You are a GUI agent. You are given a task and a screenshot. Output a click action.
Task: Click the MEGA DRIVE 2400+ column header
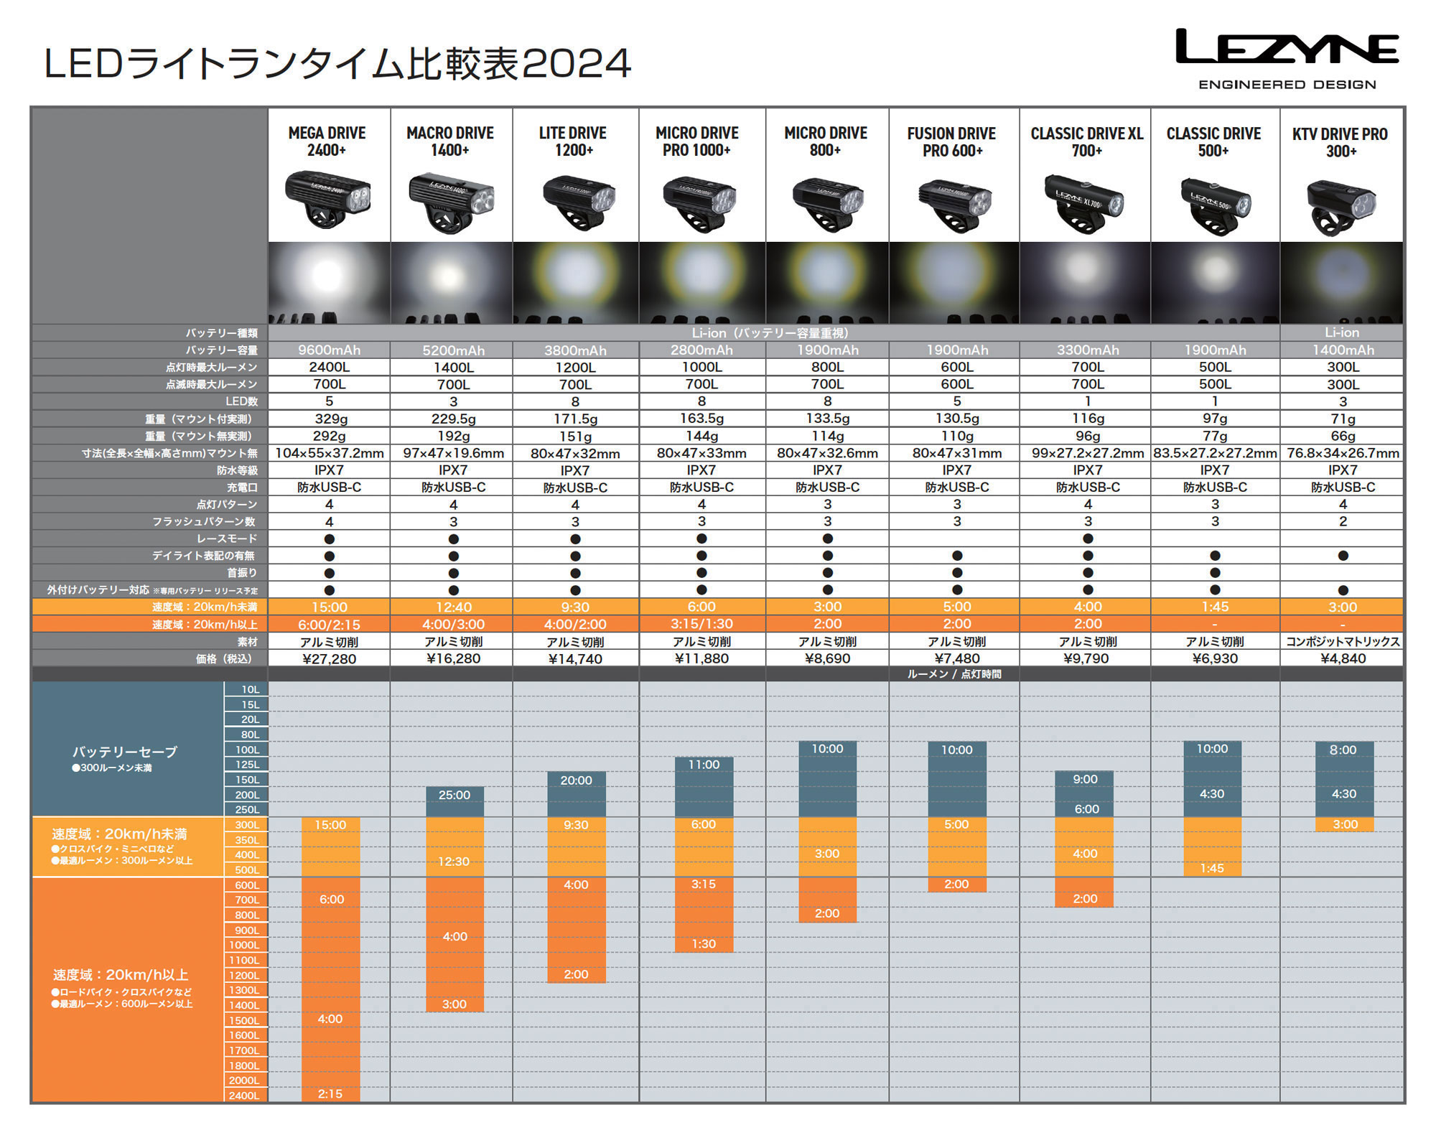327,141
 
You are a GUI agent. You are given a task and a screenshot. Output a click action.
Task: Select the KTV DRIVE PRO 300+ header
1340,142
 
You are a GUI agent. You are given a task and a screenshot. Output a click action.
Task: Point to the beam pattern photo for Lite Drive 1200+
575,281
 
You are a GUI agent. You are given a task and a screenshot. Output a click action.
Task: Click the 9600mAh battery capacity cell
329,350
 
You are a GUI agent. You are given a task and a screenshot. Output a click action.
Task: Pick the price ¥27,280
329,659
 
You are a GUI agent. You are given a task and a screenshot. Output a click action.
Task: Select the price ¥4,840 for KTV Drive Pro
1343,659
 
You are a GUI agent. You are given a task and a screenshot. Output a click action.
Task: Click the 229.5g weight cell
453,419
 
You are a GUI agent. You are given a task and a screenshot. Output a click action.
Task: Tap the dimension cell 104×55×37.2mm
329,454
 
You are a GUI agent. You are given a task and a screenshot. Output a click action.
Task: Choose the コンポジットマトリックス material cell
1343,642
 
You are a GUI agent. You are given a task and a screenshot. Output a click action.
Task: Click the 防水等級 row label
237,470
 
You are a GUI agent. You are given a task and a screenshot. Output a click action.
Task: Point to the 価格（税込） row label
224,659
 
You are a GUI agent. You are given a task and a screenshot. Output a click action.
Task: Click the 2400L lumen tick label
244,1096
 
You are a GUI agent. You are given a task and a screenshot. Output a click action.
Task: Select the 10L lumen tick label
250,690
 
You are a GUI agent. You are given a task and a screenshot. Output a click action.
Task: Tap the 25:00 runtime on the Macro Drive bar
454,796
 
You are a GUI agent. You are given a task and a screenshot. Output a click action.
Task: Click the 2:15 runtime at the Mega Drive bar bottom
330,1094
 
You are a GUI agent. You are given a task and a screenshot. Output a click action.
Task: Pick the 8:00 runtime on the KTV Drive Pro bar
1343,750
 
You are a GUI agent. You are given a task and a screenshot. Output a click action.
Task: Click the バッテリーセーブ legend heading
124,752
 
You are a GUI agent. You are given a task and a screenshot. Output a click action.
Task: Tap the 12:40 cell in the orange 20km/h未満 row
453,607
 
